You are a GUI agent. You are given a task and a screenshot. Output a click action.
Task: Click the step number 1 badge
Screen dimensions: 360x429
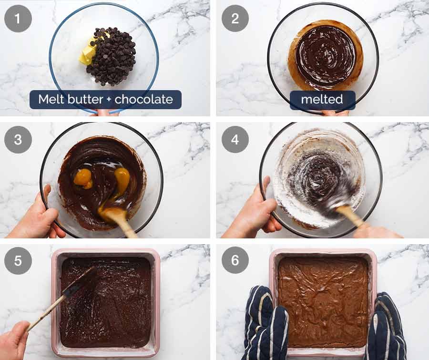[x=18, y=19]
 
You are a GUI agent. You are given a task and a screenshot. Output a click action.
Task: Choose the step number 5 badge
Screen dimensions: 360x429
[x=18, y=261]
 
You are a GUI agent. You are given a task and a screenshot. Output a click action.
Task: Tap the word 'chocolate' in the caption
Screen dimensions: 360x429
[x=144, y=100]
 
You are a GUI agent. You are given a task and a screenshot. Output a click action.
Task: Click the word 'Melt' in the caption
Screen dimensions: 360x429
[x=50, y=100]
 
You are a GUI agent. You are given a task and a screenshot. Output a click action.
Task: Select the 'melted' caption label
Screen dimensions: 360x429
[x=322, y=100]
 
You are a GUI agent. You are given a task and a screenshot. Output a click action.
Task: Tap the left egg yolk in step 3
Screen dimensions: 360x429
[x=83, y=177]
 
